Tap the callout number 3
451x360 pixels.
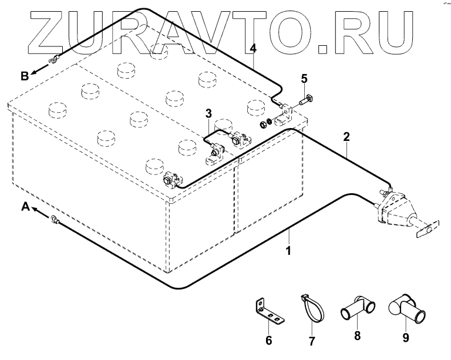click(208, 113)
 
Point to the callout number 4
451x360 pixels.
click(253, 48)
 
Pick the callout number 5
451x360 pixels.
click(304, 78)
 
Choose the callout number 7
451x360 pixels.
click(312, 340)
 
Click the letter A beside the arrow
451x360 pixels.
click(25, 206)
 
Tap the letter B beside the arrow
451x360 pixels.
click(25, 75)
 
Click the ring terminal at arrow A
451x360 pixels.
click(54, 220)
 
